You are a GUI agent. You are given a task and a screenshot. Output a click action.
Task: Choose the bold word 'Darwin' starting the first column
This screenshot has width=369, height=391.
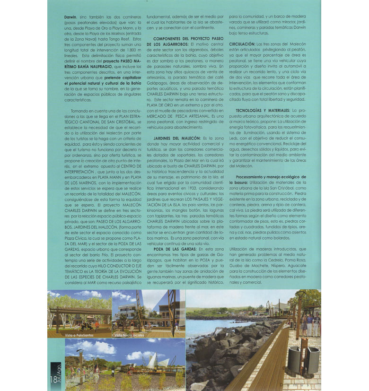point(70,17)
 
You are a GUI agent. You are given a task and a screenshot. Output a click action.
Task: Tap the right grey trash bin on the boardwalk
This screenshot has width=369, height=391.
point(312,360)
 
